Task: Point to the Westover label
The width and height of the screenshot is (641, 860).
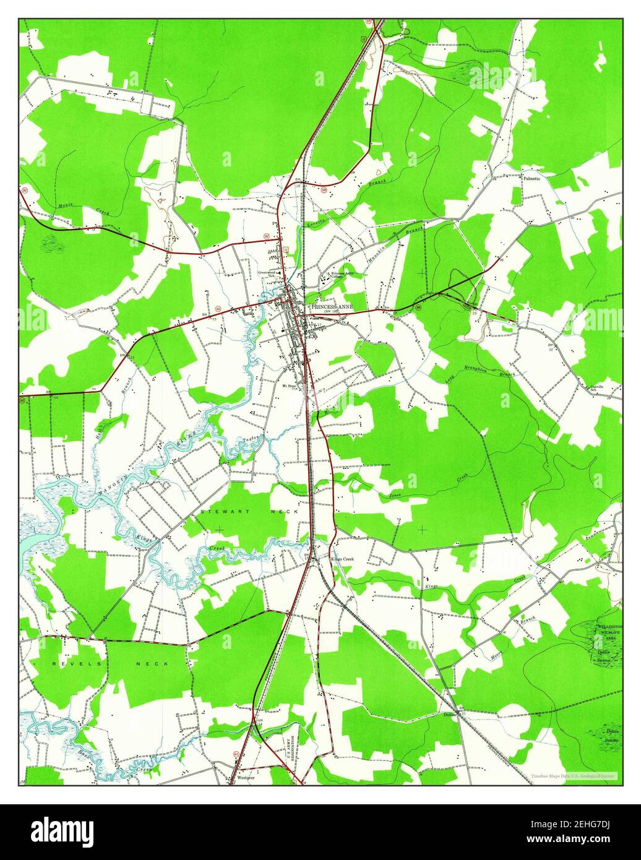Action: click(246, 778)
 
